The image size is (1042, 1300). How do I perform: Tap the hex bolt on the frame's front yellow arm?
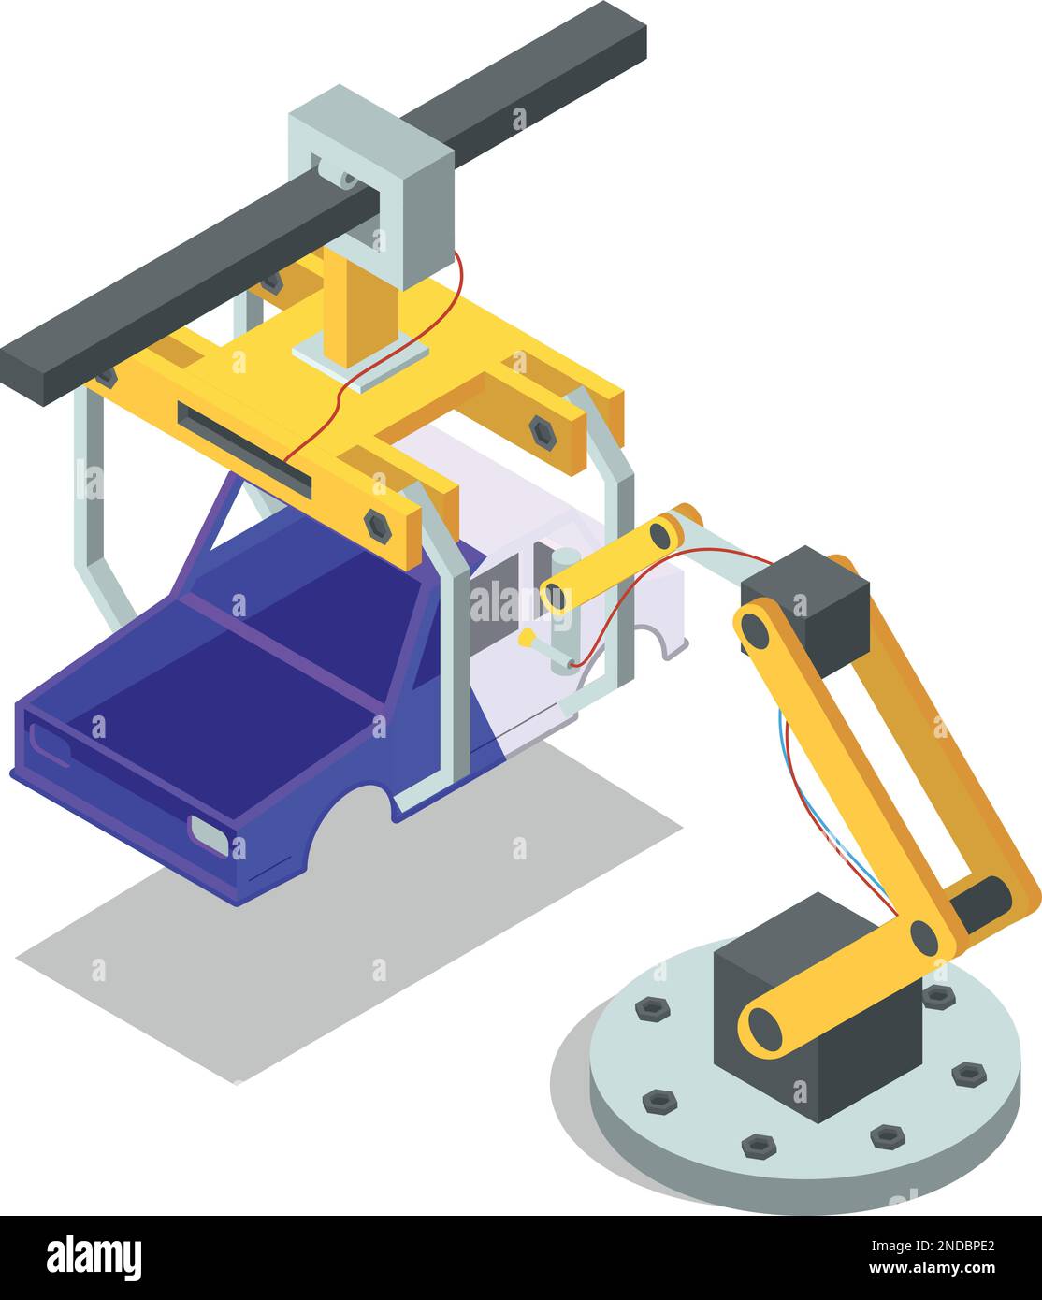(x=377, y=524)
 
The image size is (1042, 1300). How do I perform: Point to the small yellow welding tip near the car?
(x=526, y=638)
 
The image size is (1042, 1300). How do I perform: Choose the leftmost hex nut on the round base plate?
(x=646, y=1008)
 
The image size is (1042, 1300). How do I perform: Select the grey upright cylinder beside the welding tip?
(x=564, y=608)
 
